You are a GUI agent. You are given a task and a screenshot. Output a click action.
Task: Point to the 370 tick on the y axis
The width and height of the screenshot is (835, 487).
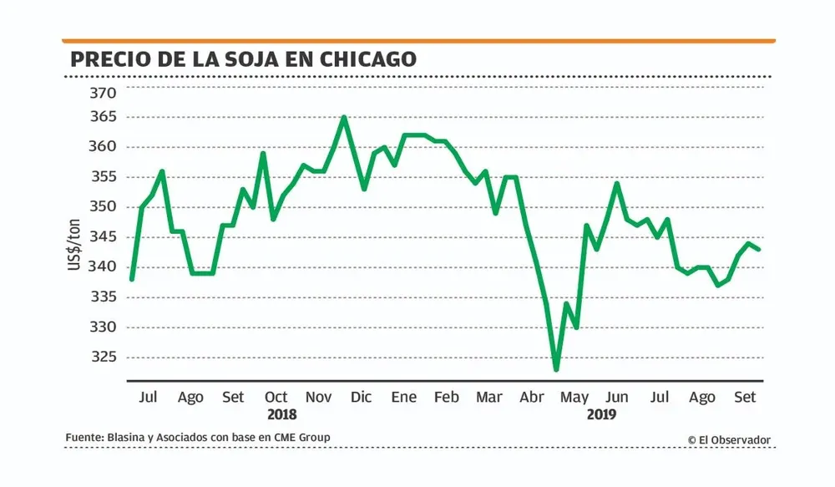(x=104, y=93)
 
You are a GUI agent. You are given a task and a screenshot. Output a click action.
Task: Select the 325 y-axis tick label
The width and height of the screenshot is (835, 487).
(x=104, y=357)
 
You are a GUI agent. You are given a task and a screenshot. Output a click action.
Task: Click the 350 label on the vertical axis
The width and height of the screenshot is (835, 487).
(x=104, y=206)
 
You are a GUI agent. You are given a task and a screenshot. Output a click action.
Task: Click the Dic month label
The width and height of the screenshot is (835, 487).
(x=362, y=398)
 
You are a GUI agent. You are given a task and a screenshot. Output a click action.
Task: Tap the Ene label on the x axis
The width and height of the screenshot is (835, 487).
(x=404, y=398)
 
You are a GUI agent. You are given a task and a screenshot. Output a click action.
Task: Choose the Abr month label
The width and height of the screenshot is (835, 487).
(x=532, y=398)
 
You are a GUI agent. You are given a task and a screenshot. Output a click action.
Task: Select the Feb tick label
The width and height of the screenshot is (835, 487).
(x=446, y=398)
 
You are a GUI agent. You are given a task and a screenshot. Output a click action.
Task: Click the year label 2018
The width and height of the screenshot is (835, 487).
(x=281, y=414)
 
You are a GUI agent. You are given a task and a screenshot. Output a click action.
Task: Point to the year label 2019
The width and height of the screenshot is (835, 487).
(x=601, y=414)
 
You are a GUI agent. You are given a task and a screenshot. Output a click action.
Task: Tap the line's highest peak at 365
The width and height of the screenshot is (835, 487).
(x=344, y=117)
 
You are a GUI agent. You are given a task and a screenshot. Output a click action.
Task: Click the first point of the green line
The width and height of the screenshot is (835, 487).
(x=131, y=279)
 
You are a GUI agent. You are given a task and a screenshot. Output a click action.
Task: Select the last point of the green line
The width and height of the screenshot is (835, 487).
(x=759, y=249)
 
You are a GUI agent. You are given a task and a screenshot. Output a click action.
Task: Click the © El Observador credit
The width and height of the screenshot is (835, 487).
(x=729, y=439)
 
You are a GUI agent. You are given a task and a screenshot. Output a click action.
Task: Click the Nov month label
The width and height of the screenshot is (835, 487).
(x=318, y=398)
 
